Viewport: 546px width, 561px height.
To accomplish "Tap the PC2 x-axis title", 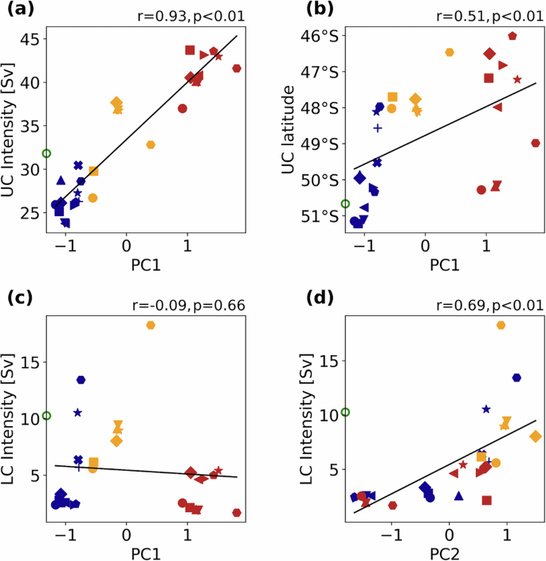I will [450, 552].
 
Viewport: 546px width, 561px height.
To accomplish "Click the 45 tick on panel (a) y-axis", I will [29, 39].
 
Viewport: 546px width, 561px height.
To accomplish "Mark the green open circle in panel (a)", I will [46, 153].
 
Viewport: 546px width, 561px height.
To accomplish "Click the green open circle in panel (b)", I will [345, 203].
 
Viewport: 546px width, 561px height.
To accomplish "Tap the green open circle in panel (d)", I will [345, 412].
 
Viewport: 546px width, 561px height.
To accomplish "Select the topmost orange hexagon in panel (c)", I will [151, 325].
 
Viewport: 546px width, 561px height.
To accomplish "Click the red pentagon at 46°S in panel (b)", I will [513, 36].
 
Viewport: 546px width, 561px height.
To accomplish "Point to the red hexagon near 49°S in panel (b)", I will [536, 144].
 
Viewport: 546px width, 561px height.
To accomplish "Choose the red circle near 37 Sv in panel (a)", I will [183, 109].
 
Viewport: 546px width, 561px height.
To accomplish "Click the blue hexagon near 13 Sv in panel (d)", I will [517, 377].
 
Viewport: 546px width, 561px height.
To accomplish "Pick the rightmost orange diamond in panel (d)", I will [535, 436].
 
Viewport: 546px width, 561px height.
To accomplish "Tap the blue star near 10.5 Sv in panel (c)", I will [78, 413].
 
